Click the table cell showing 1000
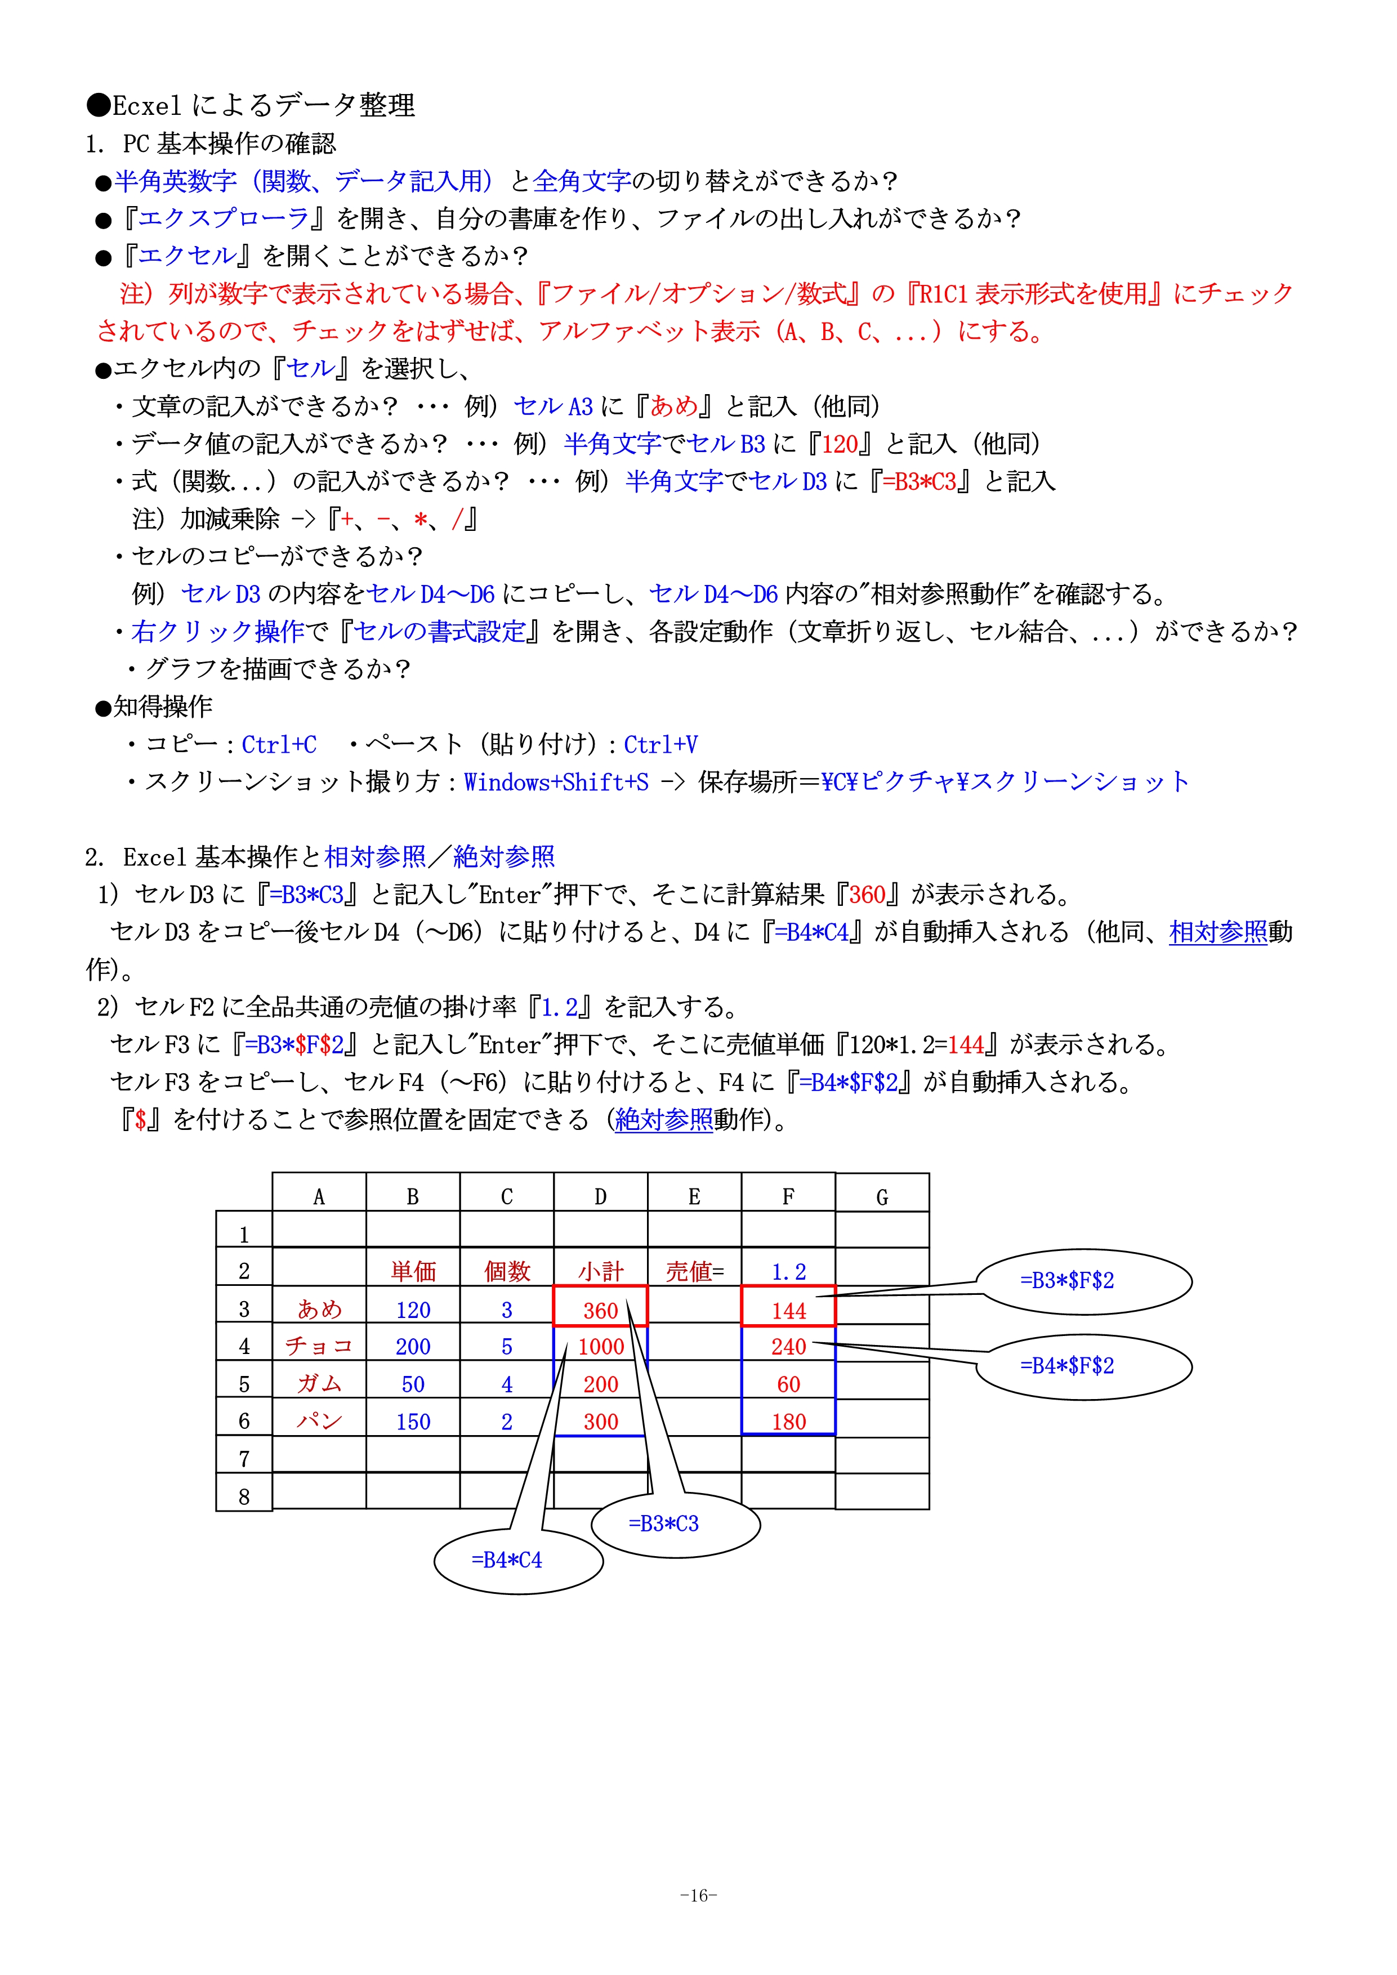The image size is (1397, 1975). coord(600,1346)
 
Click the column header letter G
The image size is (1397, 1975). coord(882,1196)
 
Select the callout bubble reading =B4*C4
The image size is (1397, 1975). coord(507,1560)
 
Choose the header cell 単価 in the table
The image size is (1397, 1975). coord(413,1271)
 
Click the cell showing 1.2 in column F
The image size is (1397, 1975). coord(788,1271)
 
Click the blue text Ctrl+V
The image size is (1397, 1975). coord(660,744)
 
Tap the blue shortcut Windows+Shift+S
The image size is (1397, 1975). coord(556,782)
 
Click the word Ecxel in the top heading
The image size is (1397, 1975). coord(146,106)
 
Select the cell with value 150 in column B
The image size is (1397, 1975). coord(413,1421)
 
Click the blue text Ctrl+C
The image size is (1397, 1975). coord(279,744)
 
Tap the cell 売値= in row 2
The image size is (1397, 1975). coord(694,1271)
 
